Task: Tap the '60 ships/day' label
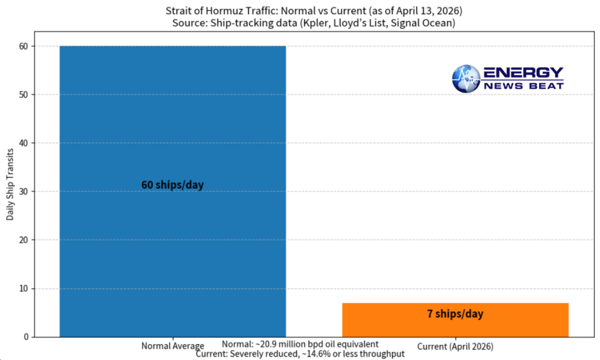[x=172, y=185]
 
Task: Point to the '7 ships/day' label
[x=455, y=314]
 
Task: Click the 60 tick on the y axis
[x=24, y=46]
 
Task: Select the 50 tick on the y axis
[x=24, y=95]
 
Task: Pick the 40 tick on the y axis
[x=24, y=143]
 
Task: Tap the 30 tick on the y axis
[x=24, y=192]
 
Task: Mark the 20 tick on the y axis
[x=24, y=240]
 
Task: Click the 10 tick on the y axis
[x=24, y=288]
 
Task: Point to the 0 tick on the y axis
[x=26, y=337]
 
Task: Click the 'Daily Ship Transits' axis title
[x=10, y=191]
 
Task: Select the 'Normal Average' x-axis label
[x=172, y=346]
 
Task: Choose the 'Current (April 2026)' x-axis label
[x=455, y=346]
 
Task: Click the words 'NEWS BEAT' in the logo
[x=523, y=86]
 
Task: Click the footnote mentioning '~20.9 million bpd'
[x=300, y=344]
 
